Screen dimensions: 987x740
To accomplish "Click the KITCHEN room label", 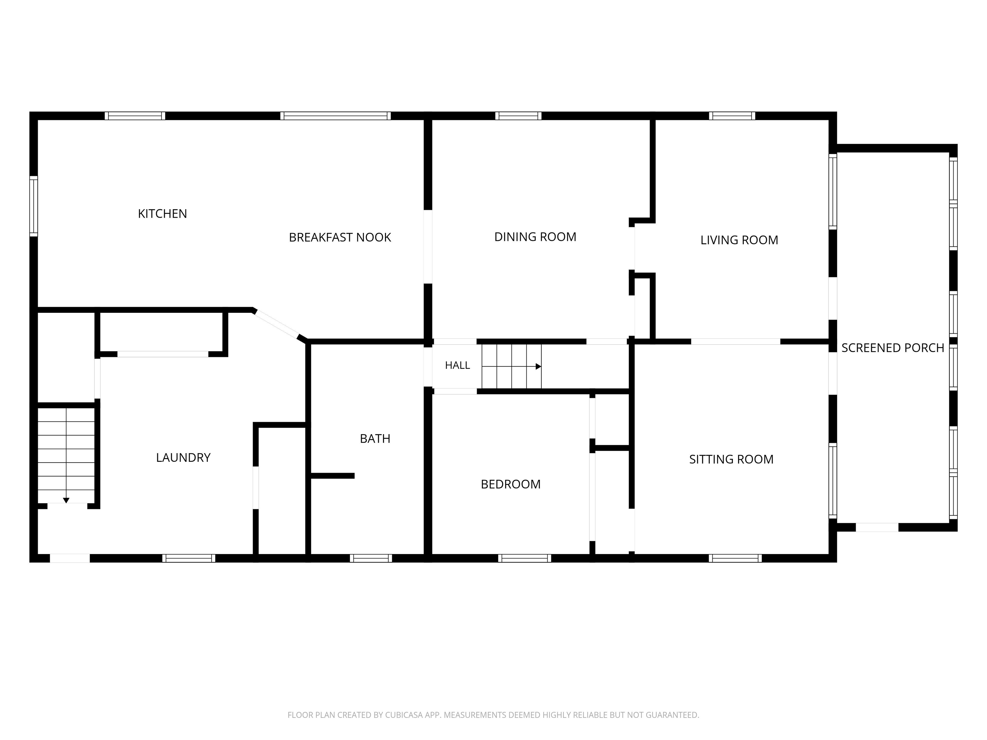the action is (x=163, y=214).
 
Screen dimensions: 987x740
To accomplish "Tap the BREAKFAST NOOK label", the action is (x=340, y=237).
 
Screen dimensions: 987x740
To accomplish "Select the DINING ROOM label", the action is (x=536, y=237).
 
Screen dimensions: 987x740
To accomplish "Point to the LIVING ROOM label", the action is (x=739, y=240).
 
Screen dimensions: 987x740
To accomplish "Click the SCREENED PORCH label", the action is (x=893, y=348).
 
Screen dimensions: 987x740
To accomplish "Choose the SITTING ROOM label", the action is (x=731, y=459).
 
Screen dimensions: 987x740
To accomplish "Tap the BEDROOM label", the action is (x=511, y=484).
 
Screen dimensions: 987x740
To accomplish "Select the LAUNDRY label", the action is (x=183, y=458).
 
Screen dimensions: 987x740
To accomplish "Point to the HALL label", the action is (x=458, y=365).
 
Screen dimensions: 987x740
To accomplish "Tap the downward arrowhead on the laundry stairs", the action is (x=66, y=500).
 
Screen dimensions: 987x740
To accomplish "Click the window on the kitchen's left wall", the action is (x=33, y=206).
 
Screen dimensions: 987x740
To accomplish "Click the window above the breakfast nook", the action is (x=335, y=116).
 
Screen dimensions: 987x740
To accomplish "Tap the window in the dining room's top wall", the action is (x=519, y=116).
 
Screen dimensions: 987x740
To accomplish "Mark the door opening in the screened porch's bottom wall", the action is (x=877, y=527).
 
